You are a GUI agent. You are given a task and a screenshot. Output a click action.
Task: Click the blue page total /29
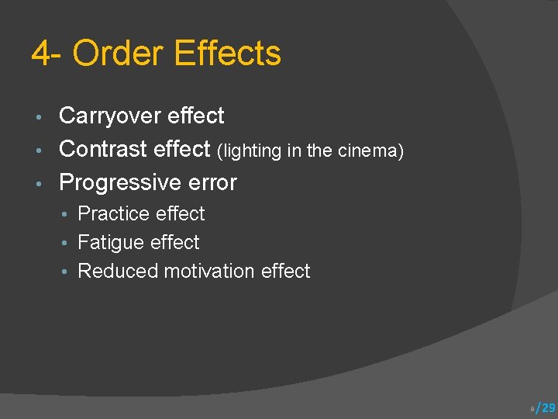point(546,407)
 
